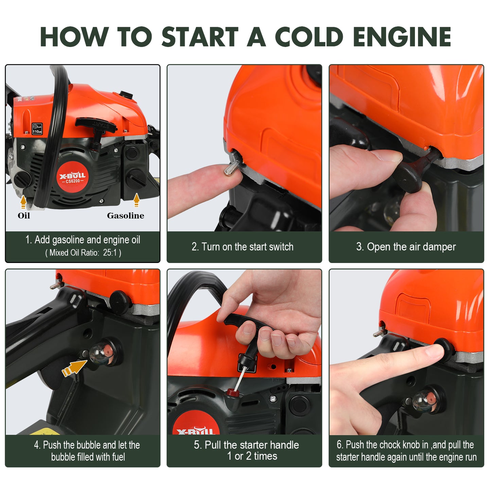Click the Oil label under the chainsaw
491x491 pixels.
(24, 216)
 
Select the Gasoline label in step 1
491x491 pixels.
(126, 216)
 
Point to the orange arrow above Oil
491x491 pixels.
(23, 202)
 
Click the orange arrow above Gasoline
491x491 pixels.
(137, 200)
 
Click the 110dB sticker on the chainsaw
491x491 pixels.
(37, 129)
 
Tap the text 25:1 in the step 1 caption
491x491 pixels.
(110, 253)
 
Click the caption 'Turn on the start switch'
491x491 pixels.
(247, 247)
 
